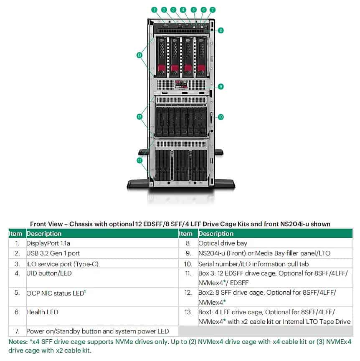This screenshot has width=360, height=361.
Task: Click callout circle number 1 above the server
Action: pyautogui.click(x=154, y=9)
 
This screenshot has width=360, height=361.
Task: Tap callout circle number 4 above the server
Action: pyautogui.click(x=183, y=9)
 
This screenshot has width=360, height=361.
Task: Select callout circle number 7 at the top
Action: pyautogui.click(x=213, y=9)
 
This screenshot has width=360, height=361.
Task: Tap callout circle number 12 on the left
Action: pyautogui.click(x=139, y=117)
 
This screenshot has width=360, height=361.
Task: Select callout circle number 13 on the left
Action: pyautogui.click(x=139, y=55)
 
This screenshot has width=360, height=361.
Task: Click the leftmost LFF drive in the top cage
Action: pyautogui.click(x=161, y=56)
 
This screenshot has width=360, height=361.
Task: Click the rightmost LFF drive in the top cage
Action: pyautogui.click(x=201, y=56)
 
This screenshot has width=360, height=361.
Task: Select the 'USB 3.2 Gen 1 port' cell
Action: pyautogui.click(x=53, y=253)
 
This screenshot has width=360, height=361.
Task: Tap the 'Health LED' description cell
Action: pyautogui.click(x=42, y=312)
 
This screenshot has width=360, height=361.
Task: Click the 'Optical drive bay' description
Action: pyautogui.click(x=223, y=242)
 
